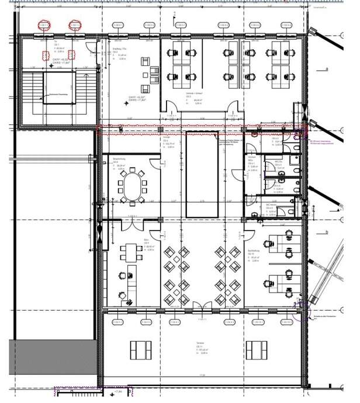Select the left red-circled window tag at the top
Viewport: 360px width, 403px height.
coord(44,25)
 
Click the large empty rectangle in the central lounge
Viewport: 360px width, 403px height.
coord(202,174)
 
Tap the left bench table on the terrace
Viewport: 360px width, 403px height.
coord(141,350)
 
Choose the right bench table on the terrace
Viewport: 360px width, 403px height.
coord(257,350)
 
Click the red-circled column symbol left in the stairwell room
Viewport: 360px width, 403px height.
coord(46,55)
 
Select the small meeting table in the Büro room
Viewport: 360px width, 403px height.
coord(130,252)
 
